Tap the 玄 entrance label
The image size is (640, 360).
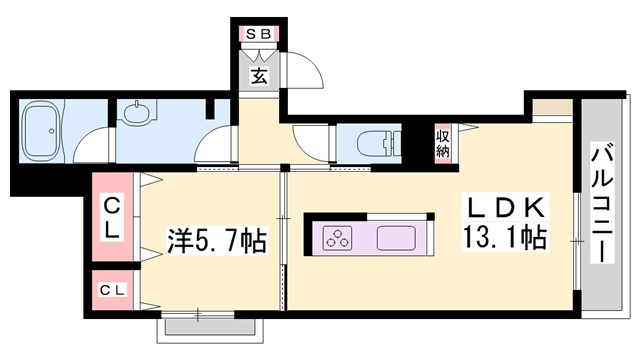point(258,75)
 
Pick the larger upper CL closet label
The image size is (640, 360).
point(113,217)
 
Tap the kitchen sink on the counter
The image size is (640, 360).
point(401,240)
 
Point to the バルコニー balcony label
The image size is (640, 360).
point(602,204)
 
